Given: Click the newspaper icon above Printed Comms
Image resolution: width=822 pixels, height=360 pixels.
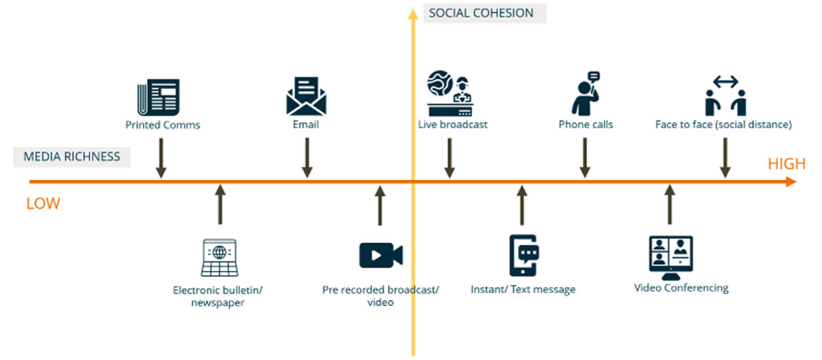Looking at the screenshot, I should [x=158, y=97].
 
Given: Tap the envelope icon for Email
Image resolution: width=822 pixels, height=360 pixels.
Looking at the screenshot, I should [x=306, y=96].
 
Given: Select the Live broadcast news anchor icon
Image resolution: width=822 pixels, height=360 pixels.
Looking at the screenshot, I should [x=450, y=94].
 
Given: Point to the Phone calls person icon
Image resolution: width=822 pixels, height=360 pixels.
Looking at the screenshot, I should [x=585, y=94].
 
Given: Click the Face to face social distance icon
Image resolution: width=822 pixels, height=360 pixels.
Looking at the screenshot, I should [x=725, y=95].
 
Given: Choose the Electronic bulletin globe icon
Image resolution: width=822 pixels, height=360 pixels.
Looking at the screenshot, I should [x=219, y=257].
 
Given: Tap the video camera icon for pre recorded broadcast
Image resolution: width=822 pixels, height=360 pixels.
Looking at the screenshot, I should [x=380, y=255].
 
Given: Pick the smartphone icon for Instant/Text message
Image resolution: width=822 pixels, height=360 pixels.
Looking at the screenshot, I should [x=523, y=255].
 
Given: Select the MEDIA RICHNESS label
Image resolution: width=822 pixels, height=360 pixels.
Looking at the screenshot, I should [x=72, y=157].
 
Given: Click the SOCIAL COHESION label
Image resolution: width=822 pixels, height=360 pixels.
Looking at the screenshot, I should [x=481, y=13].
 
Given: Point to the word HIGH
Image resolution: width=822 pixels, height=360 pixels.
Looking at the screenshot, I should [x=786, y=164].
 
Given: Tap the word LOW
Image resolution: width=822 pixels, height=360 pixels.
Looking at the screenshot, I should [x=43, y=204].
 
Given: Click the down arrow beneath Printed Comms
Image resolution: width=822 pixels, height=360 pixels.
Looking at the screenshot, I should [x=161, y=157].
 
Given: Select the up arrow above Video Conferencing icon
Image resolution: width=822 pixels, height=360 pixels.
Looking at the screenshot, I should [x=669, y=204].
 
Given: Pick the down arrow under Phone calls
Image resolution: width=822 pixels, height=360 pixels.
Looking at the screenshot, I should [x=585, y=157].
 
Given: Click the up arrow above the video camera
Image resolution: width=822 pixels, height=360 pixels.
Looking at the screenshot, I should [x=380, y=206].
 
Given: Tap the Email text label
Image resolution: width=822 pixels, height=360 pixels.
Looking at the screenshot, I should [x=306, y=125].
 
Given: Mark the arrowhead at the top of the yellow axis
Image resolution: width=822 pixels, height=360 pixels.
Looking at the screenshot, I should [x=413, y=13].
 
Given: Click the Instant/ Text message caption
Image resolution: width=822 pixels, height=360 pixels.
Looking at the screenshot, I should [x=523, y=289].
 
